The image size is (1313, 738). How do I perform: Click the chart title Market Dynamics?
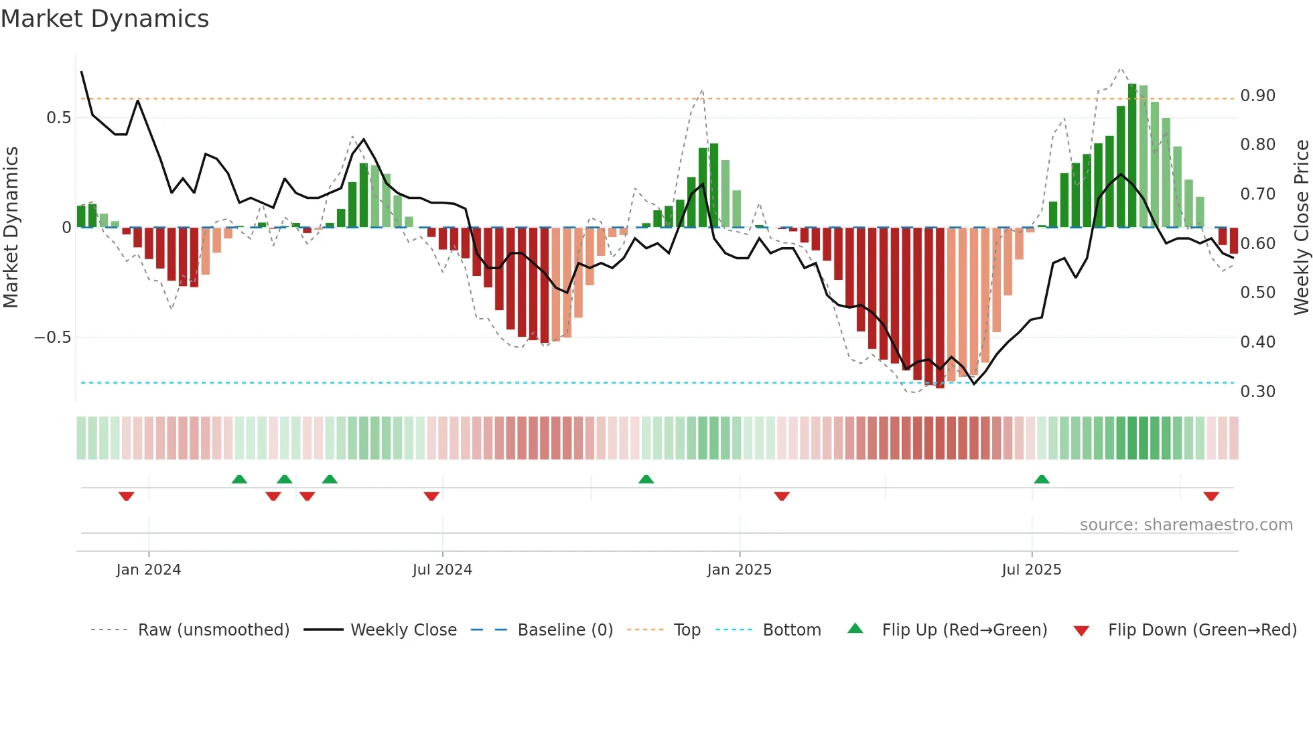[x=105, y=19]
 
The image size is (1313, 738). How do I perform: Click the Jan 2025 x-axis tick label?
[x=739, y=570]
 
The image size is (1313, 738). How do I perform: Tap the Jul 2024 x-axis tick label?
[x=442, y=570]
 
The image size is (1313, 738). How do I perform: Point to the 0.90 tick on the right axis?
[x=1257, y=96]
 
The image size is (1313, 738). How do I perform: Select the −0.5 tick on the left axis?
[x=53, y=338]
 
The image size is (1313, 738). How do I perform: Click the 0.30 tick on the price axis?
[x=1257, y=392]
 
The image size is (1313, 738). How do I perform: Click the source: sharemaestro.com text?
[x=1186, y=525]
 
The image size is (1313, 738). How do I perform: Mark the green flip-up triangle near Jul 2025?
[x=1041, y=479]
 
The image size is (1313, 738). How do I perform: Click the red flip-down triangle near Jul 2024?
[x=431, y=496]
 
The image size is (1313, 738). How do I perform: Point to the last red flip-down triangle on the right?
[x=1211, y=496]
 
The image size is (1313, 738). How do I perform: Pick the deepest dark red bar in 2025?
[x=940, y=308]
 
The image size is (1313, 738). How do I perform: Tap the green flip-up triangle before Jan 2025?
[x=646, y=479]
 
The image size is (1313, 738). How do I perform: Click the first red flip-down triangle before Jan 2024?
[x=127, y=496]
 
